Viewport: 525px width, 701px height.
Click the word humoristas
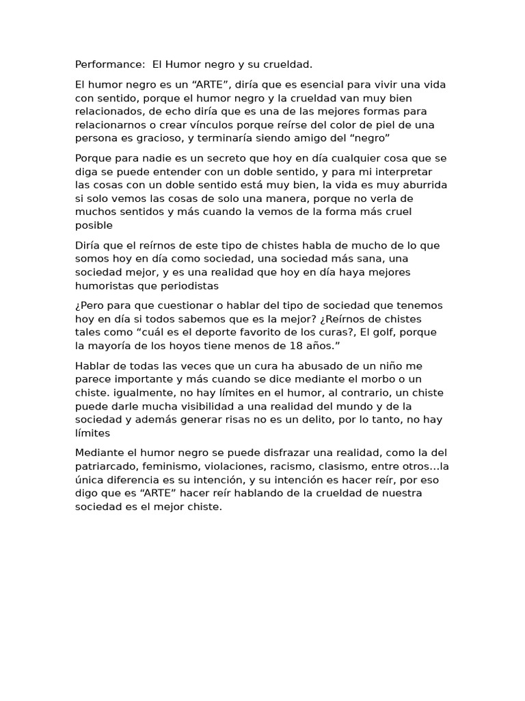click(x=104, y=286)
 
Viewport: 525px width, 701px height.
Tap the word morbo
click(x=376, y=379)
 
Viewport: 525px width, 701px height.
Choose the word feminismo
click(x=174, y=466)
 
